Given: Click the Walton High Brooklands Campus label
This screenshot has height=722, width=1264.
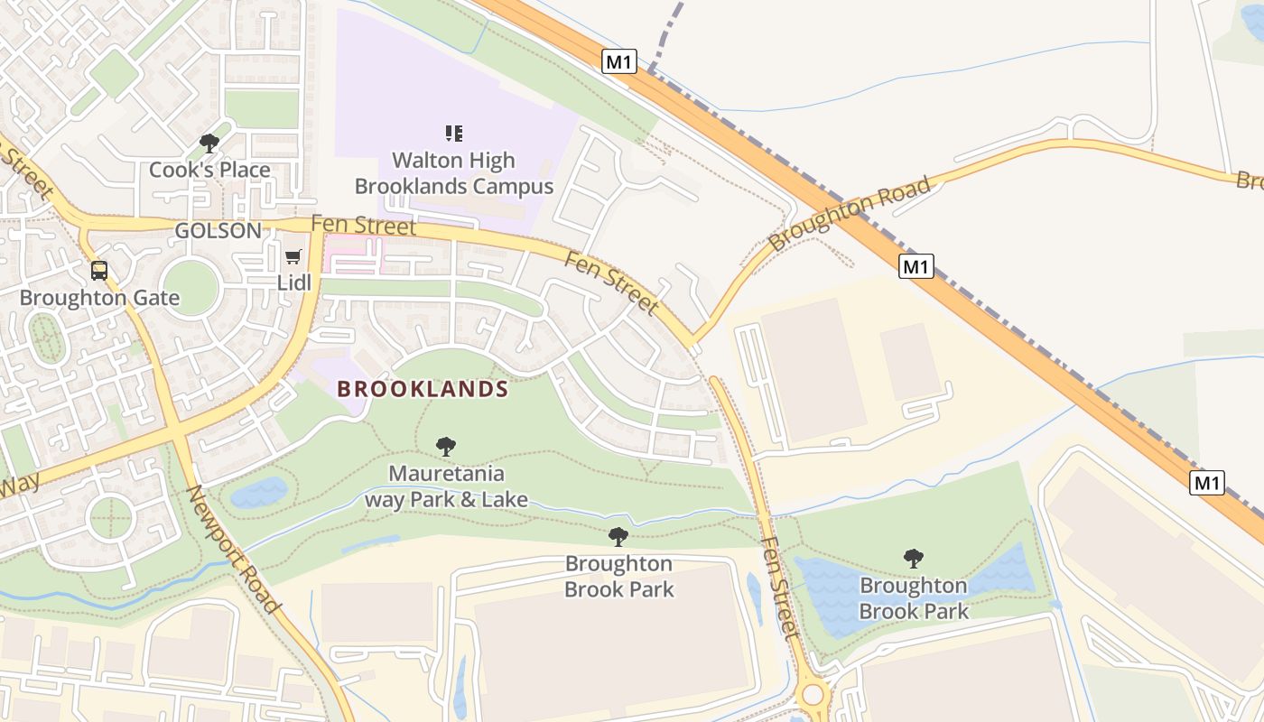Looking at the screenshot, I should [453, 173].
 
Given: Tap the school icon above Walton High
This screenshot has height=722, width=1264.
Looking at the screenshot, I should [454, 134].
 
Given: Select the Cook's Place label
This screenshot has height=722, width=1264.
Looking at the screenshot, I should [209, 170].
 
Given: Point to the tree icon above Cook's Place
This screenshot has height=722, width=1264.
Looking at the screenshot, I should [209, 143].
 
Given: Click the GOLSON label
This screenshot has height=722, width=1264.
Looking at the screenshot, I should [218, 231].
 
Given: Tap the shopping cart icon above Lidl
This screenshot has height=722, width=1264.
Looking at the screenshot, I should [293, 257].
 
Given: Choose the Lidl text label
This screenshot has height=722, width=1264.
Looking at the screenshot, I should [293, 282].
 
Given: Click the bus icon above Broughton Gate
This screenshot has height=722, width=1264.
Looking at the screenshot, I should [99, 270].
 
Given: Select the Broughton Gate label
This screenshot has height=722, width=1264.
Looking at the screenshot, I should [99, 298].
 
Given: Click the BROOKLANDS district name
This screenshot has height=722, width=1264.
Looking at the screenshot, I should [423, 389].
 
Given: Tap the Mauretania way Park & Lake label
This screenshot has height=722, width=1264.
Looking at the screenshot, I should [446, 486].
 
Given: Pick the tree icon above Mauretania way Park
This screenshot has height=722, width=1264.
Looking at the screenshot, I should [445, 446].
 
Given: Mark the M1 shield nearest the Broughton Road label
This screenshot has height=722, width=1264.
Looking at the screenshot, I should [915, 266].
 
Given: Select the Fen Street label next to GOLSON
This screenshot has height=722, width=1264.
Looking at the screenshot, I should [364, 225].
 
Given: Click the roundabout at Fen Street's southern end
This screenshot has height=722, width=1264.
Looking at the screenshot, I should [813, 694].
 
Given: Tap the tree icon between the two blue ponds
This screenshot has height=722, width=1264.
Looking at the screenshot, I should [914, 558].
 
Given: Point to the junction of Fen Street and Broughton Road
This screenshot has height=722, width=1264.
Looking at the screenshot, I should [693, 343].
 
